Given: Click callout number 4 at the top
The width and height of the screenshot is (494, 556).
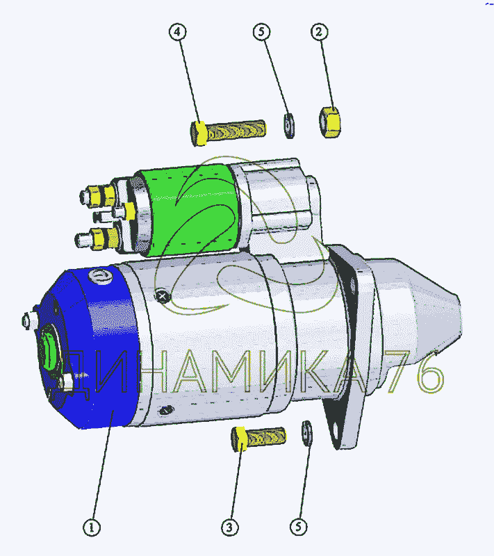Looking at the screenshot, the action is (x=178, y=32).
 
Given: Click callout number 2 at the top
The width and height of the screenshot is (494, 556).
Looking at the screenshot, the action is (x=320, y=32).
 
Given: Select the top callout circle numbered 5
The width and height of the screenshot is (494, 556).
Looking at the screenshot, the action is (x=261, y=32).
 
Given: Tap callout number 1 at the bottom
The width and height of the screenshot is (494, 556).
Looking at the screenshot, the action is (x=92, y=528).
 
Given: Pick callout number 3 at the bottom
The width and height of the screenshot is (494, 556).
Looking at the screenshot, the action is (x=230, y=528).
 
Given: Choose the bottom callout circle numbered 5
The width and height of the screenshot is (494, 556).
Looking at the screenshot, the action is (x=298, y=527).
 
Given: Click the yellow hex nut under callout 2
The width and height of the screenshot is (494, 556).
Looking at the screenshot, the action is (x=330, y=122).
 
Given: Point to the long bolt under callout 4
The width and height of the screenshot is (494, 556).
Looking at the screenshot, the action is (x=228, y=132).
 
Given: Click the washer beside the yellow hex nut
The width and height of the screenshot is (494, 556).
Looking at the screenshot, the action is (x=290, y=126).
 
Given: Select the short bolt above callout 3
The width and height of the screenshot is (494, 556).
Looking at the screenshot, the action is (x=258, y=439).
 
